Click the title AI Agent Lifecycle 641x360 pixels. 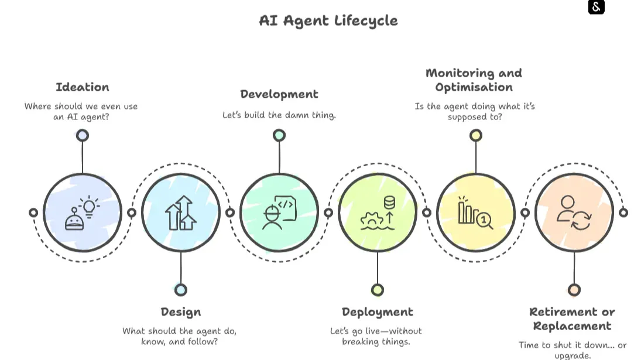(328, 20)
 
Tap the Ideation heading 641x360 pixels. (83, 87)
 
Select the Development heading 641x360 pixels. (279, 94)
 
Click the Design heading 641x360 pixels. (181, 312)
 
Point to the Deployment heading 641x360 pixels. (378, 312)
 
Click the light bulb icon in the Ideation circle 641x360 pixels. (90, 207)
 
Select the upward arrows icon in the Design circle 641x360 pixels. (181, 212)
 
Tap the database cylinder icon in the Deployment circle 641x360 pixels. (390, 203)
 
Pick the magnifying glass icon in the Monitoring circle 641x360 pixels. (485, 221)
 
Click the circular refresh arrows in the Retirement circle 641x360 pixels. (581, 220)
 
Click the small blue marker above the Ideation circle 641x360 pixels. (83, 135)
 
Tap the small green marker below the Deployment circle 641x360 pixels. (378, 290)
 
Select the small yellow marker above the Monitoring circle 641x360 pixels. (476, 135)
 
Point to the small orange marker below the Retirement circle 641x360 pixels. (574, 290)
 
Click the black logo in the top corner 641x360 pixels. (597, 7)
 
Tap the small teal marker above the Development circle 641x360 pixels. (279, 135)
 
